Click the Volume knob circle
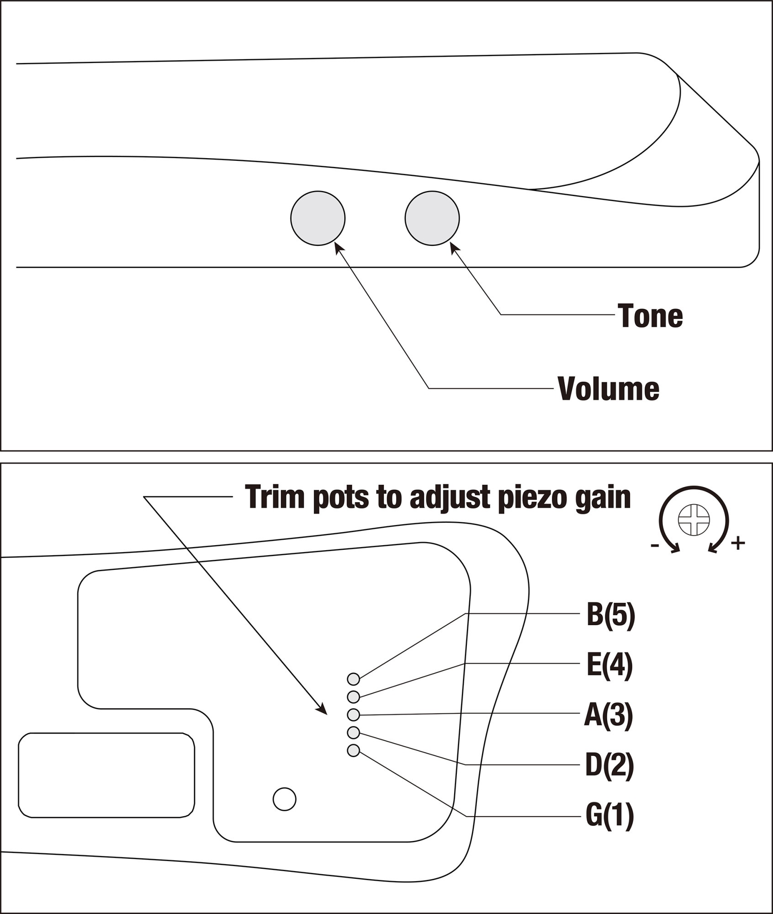(x=318, y=218)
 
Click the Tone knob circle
(x=432, y=218)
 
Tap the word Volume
(x=609, y=389)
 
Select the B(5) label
(x=610, y=615)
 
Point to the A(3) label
(x=609, y=716)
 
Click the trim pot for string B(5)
(x=353, y=680)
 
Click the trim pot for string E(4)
(x=353, y=697)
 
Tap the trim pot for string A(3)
(x=353, y=715)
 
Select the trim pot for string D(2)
(x=353, y=733)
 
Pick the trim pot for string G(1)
(x=353, y=750)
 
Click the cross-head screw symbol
(x=694, y=520)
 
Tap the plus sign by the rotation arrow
(x=738, y=543)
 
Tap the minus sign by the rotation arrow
(x=654, y=545)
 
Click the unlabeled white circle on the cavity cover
(x=284, y=799)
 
